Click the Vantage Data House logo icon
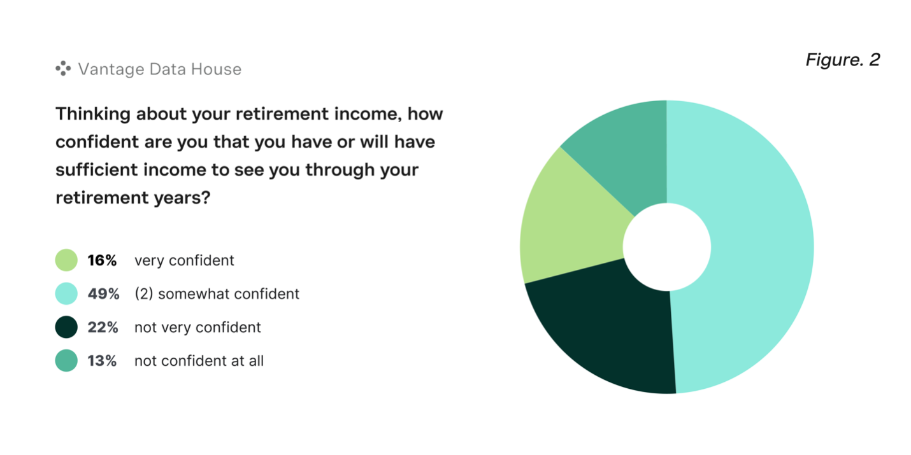tap(63, 69)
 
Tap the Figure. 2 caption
tap(843, 60)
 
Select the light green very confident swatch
tap(66, 260)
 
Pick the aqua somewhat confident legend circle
tap(66, 293)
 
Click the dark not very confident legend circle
tap(66, 327)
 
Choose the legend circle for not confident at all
tap(66, 360)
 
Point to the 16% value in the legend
tap(102, 260)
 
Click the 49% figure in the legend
tap(103, 294)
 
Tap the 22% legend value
tap(103, 328)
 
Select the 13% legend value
tap(102, 361)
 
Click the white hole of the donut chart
tap(667, 247)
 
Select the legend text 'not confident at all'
tap(199, 361)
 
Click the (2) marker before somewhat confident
tap(144, 294)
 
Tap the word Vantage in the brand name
tap(111, 69)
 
